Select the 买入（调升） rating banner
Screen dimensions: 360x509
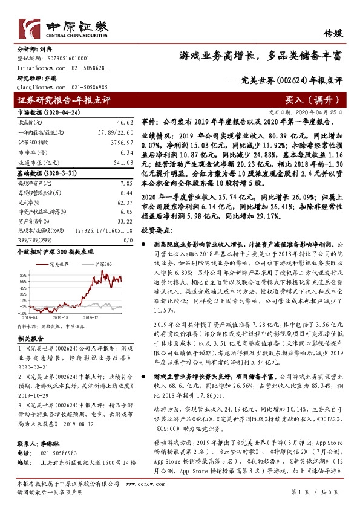tap(312, 100)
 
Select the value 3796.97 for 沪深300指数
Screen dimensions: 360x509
tap(122, 143)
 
